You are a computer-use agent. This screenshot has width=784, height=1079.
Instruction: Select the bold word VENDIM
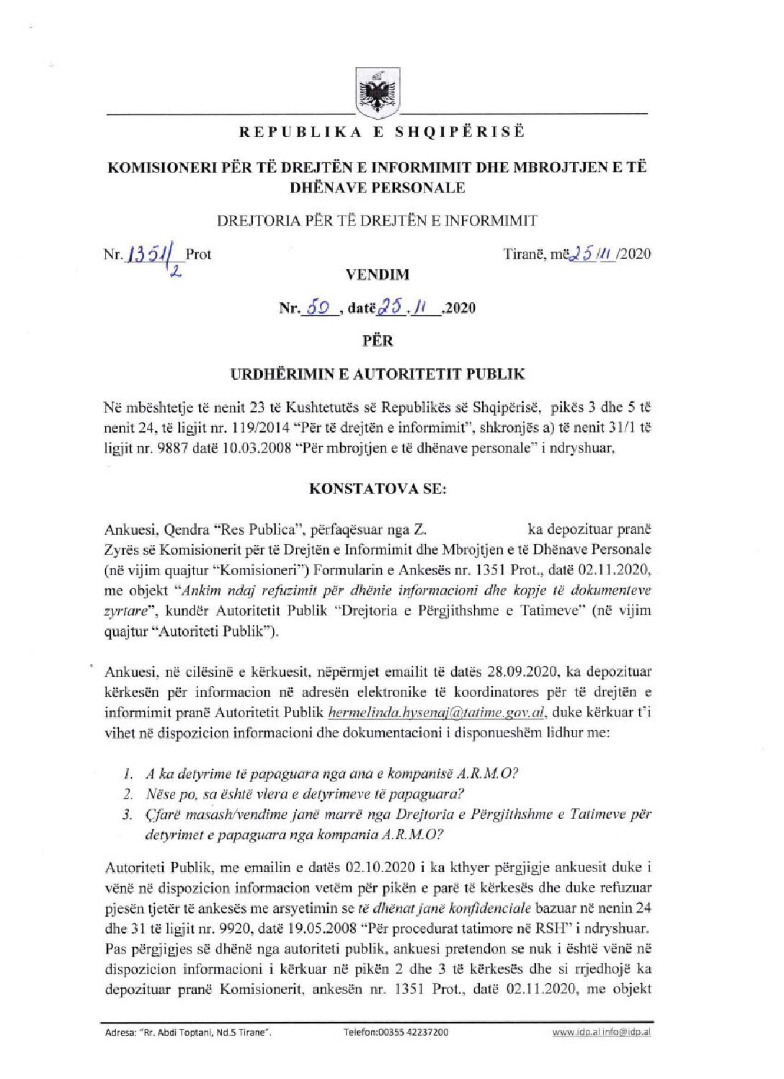click(x=378, y=275)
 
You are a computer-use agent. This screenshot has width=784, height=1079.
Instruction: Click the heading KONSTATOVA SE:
click(x=378, y=488)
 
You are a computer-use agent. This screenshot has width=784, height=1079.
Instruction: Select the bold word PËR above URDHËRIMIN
click(x=378, y=340)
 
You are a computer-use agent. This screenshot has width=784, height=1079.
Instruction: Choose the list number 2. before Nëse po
click(x=128, y=794)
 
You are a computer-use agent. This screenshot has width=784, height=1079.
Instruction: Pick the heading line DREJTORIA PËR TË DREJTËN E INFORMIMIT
click(x=377, y=221)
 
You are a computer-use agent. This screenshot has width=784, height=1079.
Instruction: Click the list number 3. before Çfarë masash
click(x=128, y=814)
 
